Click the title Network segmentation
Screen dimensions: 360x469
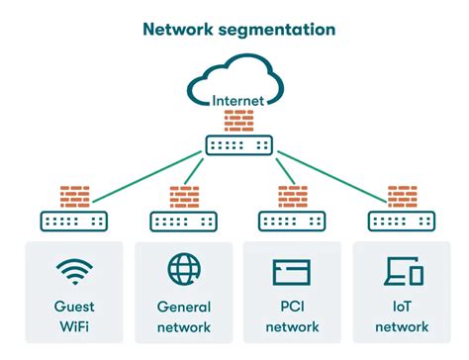(x=238, y=29)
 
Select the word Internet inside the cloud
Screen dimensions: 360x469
(x=237, y=99)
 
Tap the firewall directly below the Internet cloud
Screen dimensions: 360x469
(x=238, y=121)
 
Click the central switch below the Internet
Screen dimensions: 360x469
(x=238, y=144)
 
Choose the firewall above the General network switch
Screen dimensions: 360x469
(x=183, y=195)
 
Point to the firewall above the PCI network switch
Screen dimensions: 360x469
(x=293, y=195)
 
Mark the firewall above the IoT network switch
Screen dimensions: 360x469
(x=402, y=195)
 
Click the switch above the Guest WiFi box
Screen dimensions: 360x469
(x=72, y=219)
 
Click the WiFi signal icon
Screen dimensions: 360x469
(x=74, y=271)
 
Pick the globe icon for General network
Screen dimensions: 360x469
(x=183, y=269)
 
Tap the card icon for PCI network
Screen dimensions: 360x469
(x=292, y=271)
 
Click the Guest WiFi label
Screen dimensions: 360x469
(x=74, y=316)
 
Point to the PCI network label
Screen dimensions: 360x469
(x=292, y=316)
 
